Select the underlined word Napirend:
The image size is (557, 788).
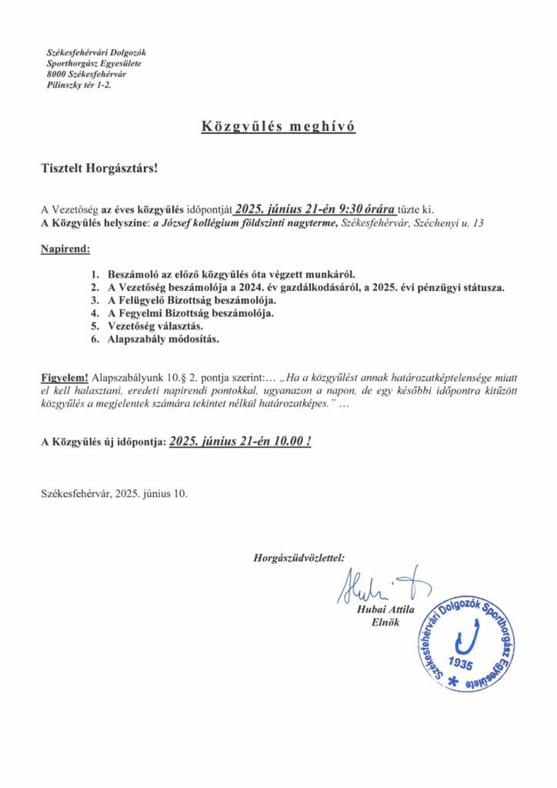(65, 249)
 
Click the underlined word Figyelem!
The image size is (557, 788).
(65, 379)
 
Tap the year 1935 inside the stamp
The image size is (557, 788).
(463, 663)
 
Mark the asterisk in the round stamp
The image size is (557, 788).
(462, 682)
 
